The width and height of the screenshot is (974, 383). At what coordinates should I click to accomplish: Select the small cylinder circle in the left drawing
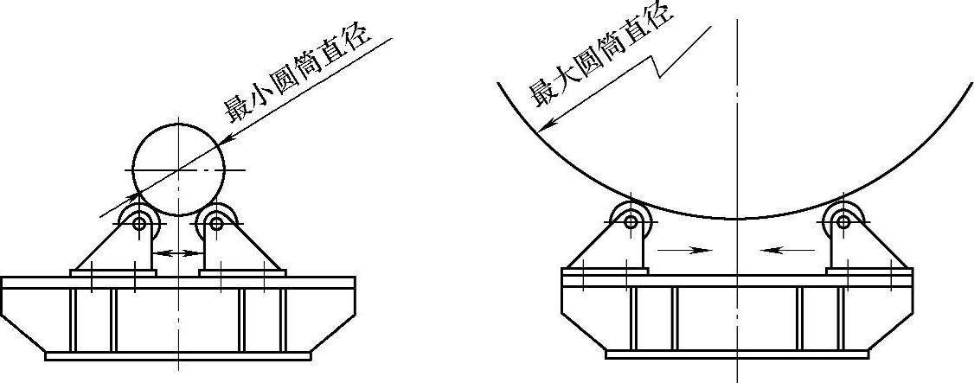coord(178,169)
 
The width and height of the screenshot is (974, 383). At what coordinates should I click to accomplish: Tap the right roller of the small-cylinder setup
coord(215,223)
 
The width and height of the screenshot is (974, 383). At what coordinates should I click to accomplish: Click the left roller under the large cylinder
coord(631,221)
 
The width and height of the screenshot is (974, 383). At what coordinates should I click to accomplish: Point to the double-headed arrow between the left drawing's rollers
coord(178,252)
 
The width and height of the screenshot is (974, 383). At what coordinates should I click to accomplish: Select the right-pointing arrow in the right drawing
coord(683,250)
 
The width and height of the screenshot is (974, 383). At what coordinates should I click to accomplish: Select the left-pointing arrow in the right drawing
coord(787,250)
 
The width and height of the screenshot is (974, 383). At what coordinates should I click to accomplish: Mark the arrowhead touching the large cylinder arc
coord(544,126)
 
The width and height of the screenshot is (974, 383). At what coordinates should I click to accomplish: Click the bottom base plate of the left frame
coord(178,355)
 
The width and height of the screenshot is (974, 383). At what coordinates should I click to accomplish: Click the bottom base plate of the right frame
coord(737,354)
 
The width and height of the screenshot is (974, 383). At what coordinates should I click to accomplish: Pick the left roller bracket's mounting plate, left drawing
coord(113,272)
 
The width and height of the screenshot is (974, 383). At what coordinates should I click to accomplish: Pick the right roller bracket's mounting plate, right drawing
coord(868,271)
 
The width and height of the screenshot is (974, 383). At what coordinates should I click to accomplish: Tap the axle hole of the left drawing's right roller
coord(215,224)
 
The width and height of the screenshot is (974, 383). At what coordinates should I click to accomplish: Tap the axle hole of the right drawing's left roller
coord(631,222)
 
